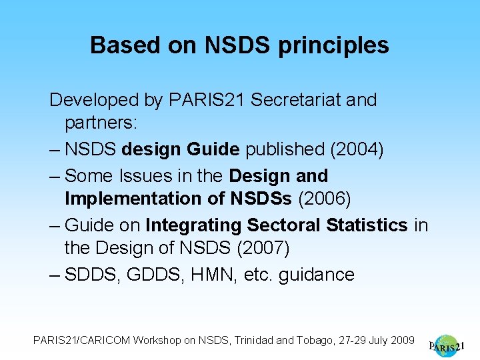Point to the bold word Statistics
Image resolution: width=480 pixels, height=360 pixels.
(367, 225)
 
